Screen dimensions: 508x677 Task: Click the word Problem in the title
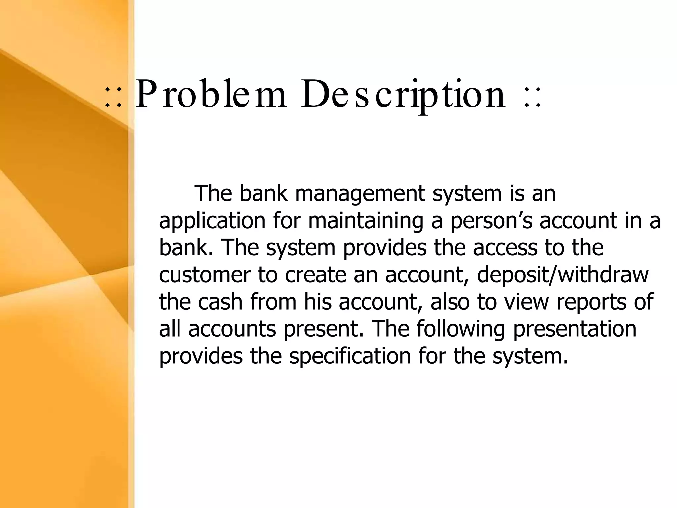(x=211, y=95)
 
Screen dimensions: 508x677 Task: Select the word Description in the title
(x=403, y=95)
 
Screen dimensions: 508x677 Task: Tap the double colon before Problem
(x=113, y=97)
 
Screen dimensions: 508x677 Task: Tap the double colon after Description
(x=533, y=97)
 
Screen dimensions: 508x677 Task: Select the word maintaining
(x=366, y=221)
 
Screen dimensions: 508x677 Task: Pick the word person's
(x=491, y=221)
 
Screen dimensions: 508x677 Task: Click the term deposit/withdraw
(x=563, y=275)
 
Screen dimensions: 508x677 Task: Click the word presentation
(x=575, y=329)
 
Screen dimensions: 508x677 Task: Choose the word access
(x=505, y=248)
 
